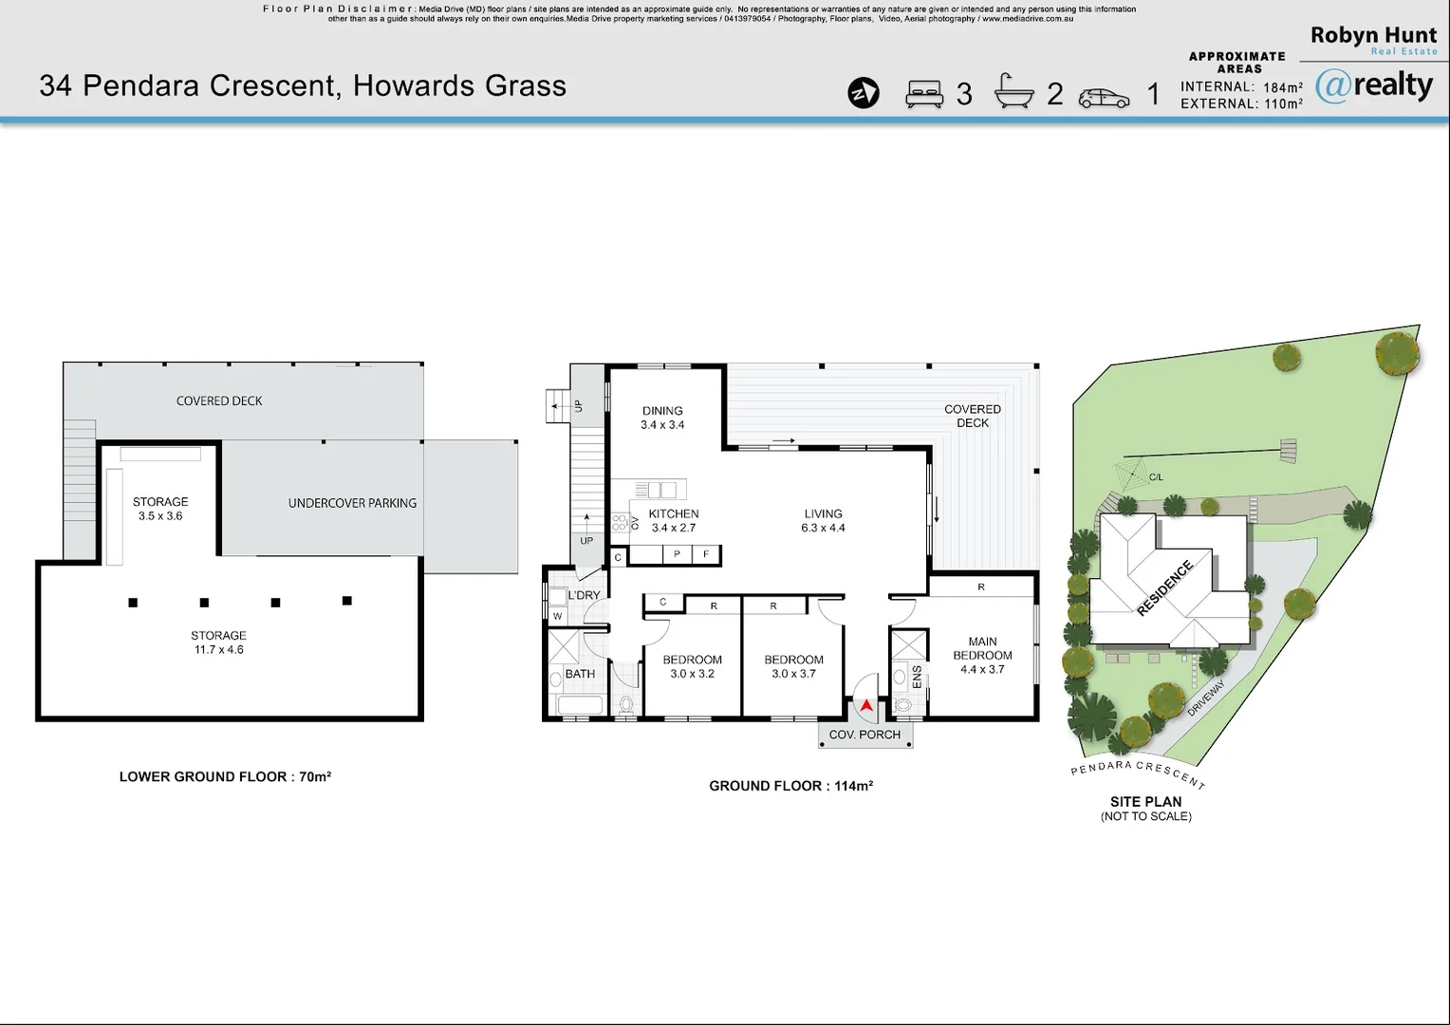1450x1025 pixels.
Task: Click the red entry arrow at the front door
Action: point(866,705)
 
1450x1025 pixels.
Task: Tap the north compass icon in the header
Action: point(864,93)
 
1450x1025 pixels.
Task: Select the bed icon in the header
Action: point(923,94)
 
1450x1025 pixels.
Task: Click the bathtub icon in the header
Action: point(1013,90)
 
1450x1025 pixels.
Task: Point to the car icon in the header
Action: point(1104,98)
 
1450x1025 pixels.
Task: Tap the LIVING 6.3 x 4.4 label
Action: point(824,521)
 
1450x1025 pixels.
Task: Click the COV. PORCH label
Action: point(864,735)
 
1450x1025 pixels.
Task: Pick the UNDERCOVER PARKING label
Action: point(352,503)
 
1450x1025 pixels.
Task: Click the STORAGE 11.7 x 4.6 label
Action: point(219,643)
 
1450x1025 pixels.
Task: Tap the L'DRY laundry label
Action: point(584,595)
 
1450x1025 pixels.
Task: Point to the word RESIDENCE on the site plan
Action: point(1164,587)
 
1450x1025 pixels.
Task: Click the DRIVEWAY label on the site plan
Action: point(1207,698)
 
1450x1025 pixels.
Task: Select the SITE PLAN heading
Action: point(1145,802)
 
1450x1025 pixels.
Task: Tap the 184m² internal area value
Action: point(1283,86)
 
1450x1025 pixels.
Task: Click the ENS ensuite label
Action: point(917,678)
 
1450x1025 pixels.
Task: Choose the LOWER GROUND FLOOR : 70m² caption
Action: point(225,776)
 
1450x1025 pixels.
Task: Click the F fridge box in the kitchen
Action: point(706,554)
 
